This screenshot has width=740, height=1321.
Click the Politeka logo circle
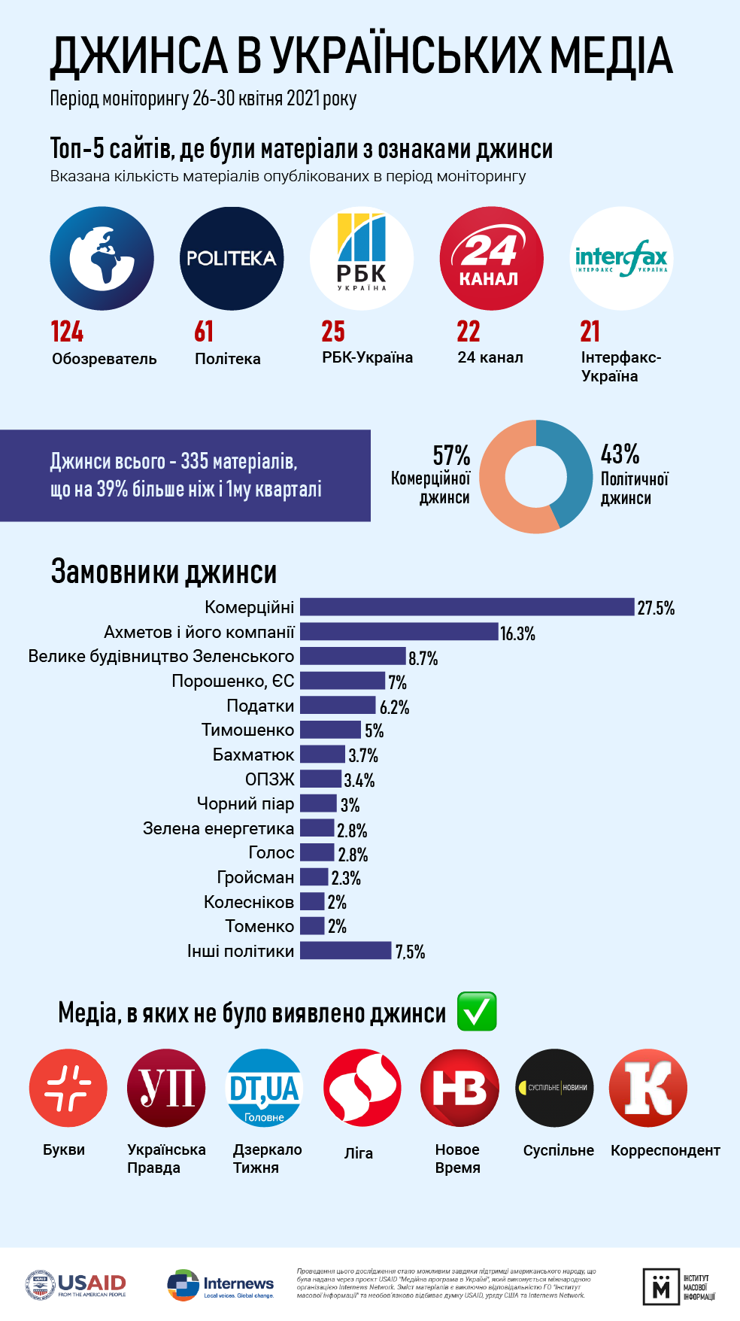click(232, 258)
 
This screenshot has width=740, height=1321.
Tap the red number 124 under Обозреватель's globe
click(67, 332)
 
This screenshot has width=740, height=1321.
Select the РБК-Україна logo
click(362, 258)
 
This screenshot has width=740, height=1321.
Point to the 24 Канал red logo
click(491, 258)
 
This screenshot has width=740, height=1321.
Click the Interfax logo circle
click(621, 258)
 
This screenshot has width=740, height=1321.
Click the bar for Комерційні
click(466, 607)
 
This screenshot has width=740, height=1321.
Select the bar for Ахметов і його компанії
click(399, 632)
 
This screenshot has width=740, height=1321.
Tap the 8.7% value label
click(423, 658)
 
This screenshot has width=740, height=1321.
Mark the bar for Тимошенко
click(330, 730)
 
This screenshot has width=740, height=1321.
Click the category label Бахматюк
click(253, 755)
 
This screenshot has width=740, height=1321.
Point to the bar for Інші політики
click(345, 951)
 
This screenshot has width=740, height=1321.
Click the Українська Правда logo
click(166, 1088)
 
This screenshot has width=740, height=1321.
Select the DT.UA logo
click(264, 1088)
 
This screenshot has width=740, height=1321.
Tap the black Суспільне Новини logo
click(554, 1088)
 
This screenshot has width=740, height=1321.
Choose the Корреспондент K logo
click(647, 1088)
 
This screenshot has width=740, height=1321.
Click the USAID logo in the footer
click(75, 1285)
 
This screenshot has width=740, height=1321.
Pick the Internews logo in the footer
click(220, 1285)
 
